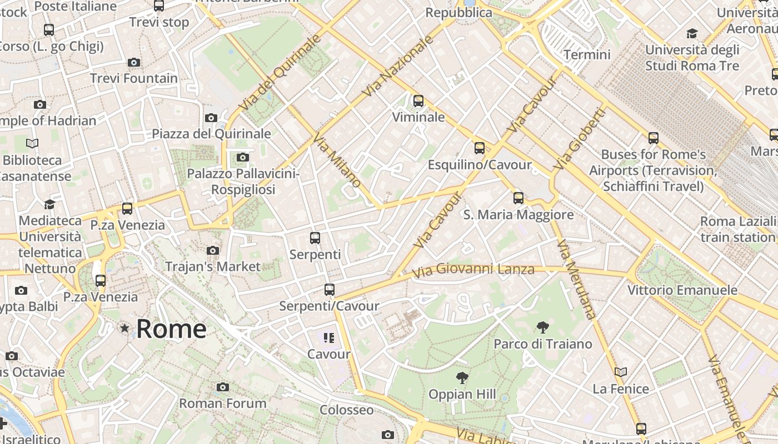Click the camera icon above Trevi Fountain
(134, 62)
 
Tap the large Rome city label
(171, 329)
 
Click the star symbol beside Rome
(124, 329)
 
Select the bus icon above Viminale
(418, 101)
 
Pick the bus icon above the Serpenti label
(315, 238)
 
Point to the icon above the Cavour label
(329, 337)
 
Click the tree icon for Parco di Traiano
(543, 327)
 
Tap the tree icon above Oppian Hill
(462, 379)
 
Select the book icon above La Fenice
(621, 372)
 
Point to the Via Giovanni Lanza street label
(473, 270)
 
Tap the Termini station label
(587, 54)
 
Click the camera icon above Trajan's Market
(213, 251)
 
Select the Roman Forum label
(222, 403)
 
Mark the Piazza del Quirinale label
(211, 134)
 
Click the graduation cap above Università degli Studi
(692, 34)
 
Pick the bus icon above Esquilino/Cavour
(480, 148)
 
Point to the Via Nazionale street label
(397, 66)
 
